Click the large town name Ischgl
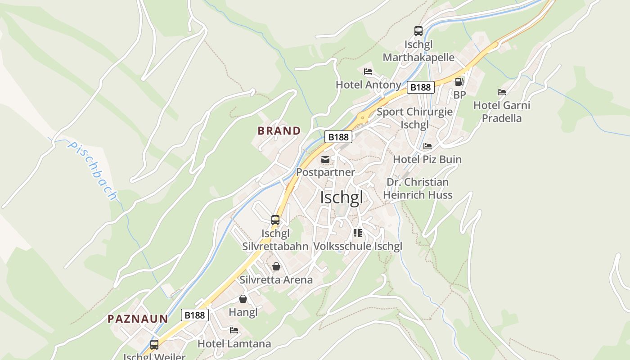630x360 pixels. pyautogui.click(x=342, y=198)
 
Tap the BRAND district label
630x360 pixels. pyautogui.click(x=279, y=131)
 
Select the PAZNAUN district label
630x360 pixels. pyautogui.click(x=138, y=319)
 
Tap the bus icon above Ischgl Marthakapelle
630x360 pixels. pyautogui.click(x=418, y=31)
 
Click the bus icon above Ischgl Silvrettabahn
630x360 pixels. pyautogui.click(x=275, y=220)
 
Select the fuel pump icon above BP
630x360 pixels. pyautogui.click(x=459, y=82)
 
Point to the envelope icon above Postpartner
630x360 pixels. pyautogui.click(x=325, y=159)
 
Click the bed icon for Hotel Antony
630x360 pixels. pyautogui.click(x=368, y=72)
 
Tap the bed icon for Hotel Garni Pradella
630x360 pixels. pyautogui.click(x=502, y=92)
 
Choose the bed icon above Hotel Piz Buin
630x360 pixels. pyautogui.click(x=427, y=146)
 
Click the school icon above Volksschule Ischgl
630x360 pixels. pyautogui.click(x=358, y=233)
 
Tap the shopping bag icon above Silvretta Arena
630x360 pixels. pyautogui.click(x=276, y=266)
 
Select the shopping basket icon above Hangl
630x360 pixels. pyautogui.click(x=243, y=299)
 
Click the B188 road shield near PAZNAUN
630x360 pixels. pyautogui.click(x=195, y=315)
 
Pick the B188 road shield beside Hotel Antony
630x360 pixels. pyautogui.click(x=421, y=87)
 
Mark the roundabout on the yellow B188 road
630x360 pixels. pyautogui.click(x=362, y=118)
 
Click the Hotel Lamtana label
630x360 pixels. pyautogui.click(x=234, y=344)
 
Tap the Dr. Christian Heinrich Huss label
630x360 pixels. pyautogui.click(x=418, y=189)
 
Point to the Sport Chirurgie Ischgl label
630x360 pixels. pyautogui.click(x=414, y=118)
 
